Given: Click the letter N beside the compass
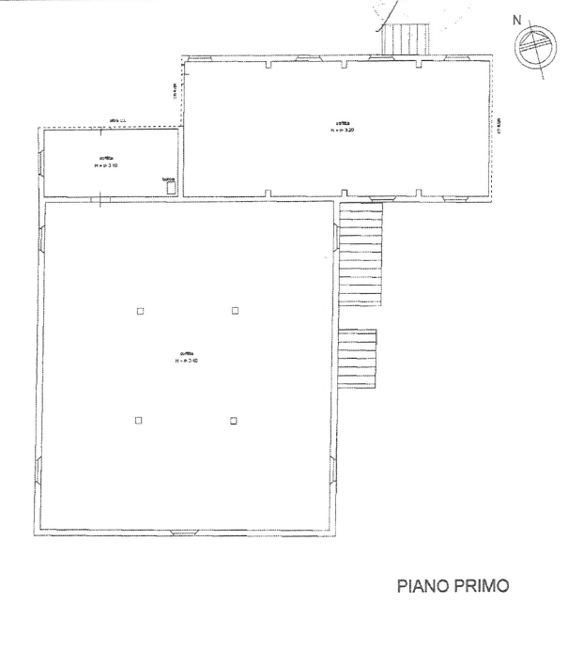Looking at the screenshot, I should pyautogui.click(x=515, y=19).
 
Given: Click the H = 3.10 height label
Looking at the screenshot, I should pyautogui.click(x=106, y=165).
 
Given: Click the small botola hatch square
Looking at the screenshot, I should pyautogui.click(x=169, y=187).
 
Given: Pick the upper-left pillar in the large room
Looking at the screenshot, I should pyautogui.click(x=140, y=311).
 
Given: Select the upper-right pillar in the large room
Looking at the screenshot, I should pyautogui.click(x=235, y=311).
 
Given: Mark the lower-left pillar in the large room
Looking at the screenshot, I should pyautogui.click(x=138, y=420).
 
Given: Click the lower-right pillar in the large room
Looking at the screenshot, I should pyautogui.click(x=233, y=421).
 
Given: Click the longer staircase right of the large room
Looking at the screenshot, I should pyautogui.click(x=361, y=255).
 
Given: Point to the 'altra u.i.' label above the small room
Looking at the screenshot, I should pyautogui.click(x=117, y=121).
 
